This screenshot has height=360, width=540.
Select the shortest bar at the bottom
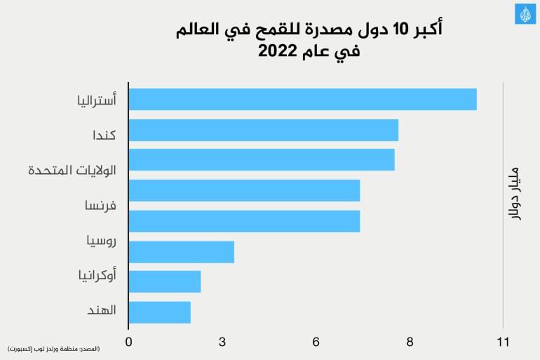tap(160, 312)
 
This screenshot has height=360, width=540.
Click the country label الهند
tap(102, 310)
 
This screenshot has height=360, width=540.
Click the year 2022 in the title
tap(277, 52)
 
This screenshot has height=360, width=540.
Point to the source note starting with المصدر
tap(54, 349)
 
